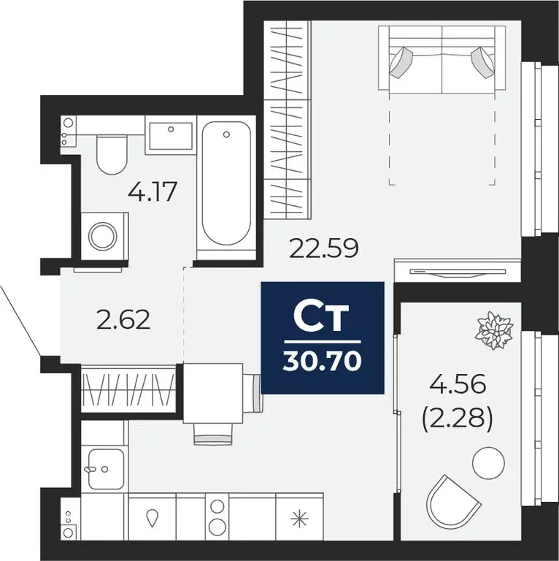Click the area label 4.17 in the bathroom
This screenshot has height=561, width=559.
pyautogui.click(x=153, y=194)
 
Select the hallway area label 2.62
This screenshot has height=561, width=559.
pyautogui.click(x=123, y=319)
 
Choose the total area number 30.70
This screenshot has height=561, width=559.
pyautogui.click(x=323, y=361)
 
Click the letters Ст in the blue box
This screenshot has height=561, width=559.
pyautogui.click(x=322, y=318)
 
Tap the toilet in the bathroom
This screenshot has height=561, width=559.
pyautogui.click(x=112, y=154)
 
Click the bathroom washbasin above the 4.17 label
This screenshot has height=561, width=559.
pyautogui.click(x=170, y=137)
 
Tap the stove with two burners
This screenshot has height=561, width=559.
pyautogui.click(x=216, y=516)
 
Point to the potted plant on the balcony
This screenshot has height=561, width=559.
pyautogui.click(x=496, y=329)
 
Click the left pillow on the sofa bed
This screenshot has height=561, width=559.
pyautogui.click(x=403, y=62)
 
